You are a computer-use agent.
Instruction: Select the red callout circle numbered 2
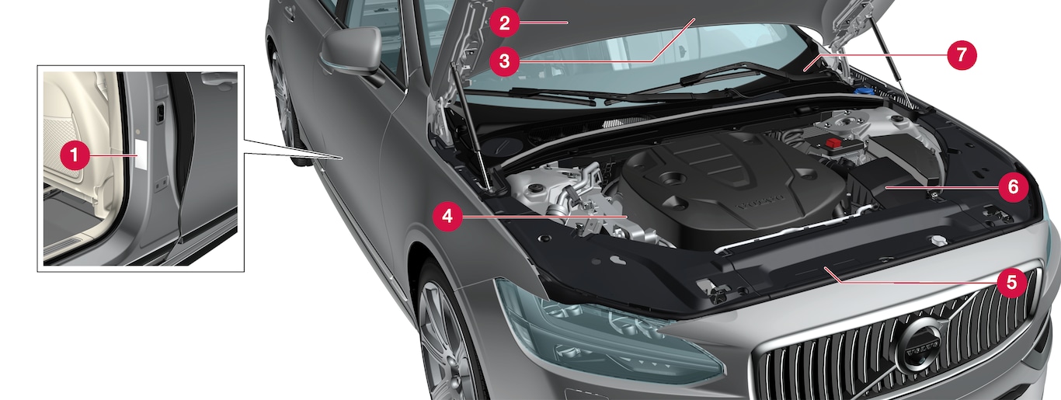(x=504, y=23)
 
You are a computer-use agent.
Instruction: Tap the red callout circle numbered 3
(x=504, y=61)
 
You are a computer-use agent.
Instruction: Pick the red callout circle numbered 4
(x=447, y=217)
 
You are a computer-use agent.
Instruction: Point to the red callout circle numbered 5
(x=1011, y=283)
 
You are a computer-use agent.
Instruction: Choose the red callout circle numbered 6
(x=1013, y=187)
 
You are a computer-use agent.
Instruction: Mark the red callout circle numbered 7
(x=962, y=55)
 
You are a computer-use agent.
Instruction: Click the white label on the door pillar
(x=141, y=155)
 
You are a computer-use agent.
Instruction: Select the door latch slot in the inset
(x=160, y=111)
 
